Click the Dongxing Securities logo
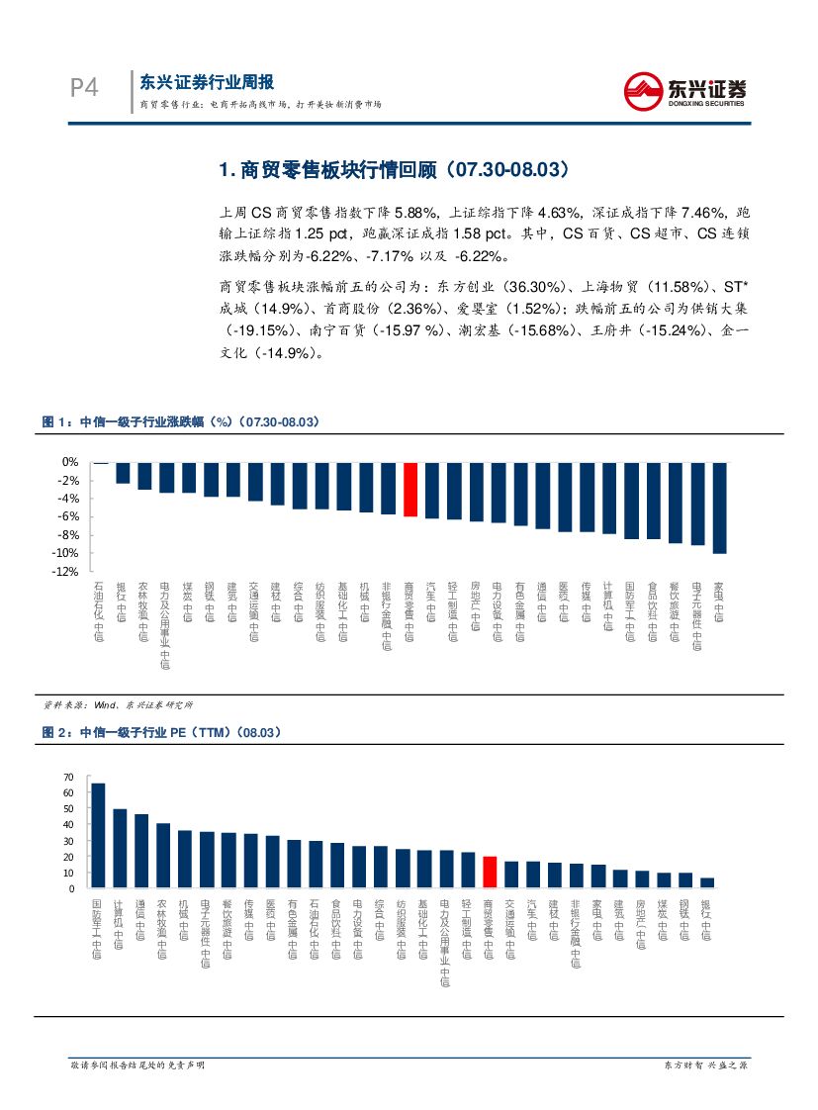click(684, 91)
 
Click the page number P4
click(84, 89)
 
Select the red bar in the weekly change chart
click(409, 489)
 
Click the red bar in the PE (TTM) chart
click(490, 873)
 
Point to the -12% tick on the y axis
click(65, 572)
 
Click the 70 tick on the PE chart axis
click(68, 778)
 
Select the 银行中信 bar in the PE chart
click(706, 882)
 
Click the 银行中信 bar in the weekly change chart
click(122, 473)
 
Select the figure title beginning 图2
click(161, 732)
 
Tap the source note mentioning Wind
click(118, 703)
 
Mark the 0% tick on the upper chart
click(70, 462)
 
